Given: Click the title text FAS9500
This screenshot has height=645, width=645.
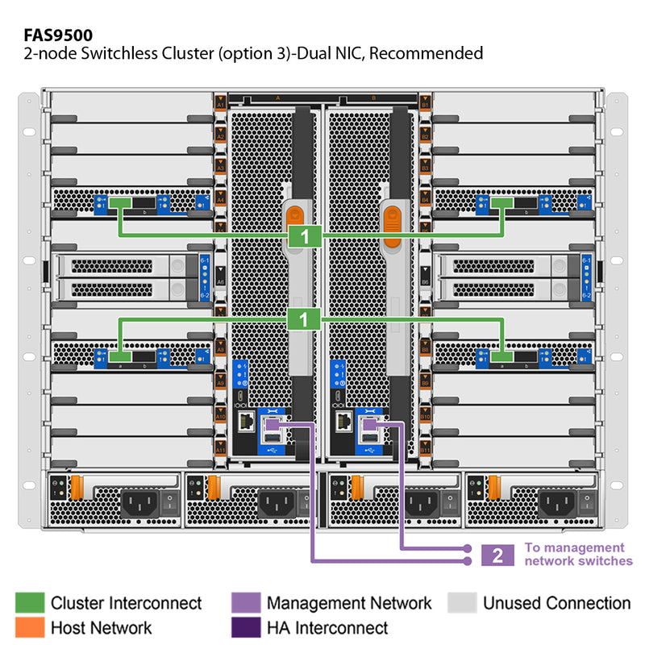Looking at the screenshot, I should (58, 35).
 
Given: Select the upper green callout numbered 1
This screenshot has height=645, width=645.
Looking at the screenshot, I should (304, 236).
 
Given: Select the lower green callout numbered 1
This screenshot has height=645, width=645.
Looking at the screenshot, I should (304, 319).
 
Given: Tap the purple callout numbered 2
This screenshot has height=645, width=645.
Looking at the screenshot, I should (497, 555).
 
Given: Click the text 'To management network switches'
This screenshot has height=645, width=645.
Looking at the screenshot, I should (578, 554).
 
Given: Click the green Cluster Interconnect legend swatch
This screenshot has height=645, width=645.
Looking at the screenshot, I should (30, 603).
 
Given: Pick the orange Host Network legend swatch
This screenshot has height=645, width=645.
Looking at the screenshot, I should (30, 627).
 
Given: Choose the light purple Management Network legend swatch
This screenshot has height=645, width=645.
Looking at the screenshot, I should (245, 603).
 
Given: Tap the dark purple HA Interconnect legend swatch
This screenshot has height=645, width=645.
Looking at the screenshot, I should (245, 627).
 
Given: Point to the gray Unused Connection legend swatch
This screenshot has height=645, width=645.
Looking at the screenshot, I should (462, 603).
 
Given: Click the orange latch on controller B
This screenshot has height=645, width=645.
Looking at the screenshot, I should (393, 217).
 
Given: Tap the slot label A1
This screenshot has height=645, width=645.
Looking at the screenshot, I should (220, 104).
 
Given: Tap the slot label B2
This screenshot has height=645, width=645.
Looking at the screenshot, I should (425, 136).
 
